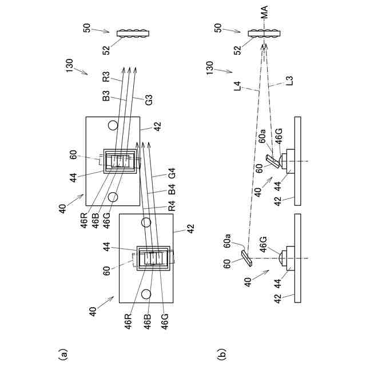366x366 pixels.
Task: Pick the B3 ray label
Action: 106,98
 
